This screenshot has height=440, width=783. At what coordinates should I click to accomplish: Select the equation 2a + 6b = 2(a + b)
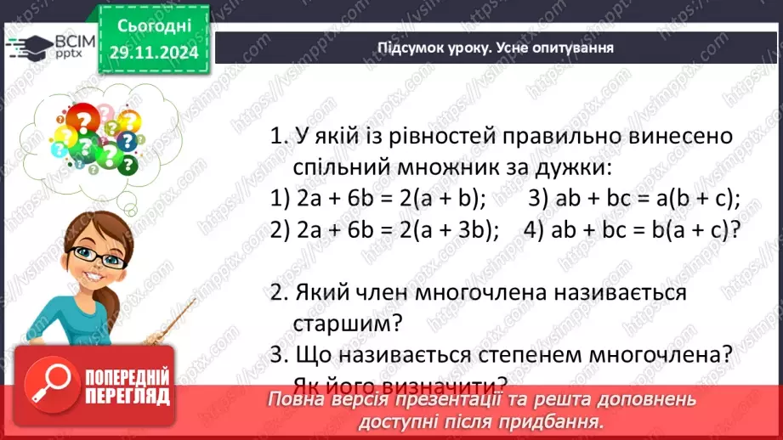[x=378, y=200]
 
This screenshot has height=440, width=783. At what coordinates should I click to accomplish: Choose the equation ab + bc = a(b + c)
[x=634, y=200]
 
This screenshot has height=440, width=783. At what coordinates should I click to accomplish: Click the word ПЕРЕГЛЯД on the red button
[x=128, y=396]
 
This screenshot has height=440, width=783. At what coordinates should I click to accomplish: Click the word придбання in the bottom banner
[x=556, y=420]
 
